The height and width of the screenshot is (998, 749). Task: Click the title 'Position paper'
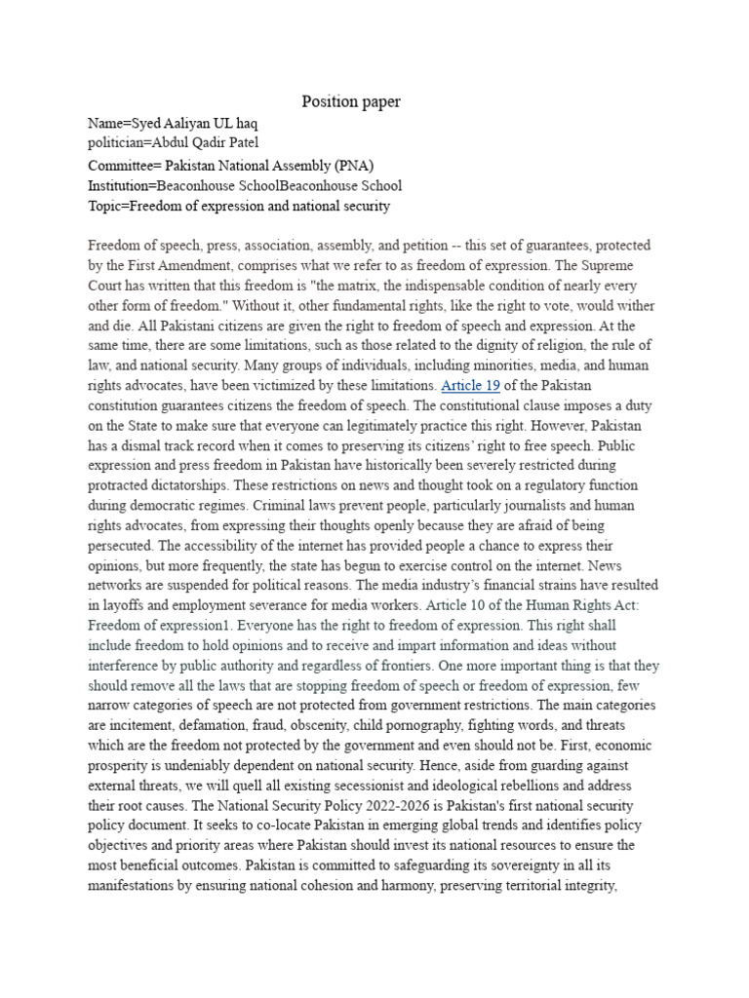351,101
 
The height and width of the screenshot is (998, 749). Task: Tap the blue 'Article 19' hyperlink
471,385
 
